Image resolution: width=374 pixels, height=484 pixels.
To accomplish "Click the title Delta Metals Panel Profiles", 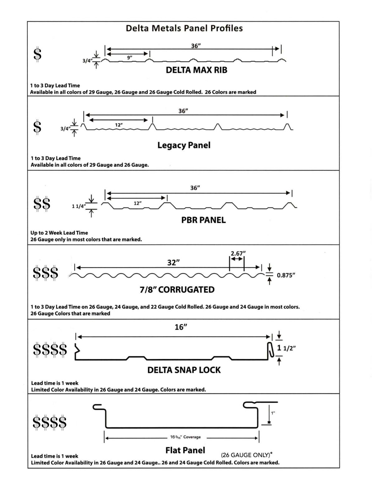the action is point(184,28).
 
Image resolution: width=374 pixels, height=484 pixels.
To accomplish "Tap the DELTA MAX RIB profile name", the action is point(196,70).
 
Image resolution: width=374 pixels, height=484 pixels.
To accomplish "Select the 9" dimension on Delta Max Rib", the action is point(130,57).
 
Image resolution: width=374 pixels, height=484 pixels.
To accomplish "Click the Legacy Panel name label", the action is point(184,145).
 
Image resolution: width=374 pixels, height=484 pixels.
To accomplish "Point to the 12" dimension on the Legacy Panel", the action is point(119,125).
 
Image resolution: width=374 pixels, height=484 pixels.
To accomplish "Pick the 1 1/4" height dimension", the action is point(79,206).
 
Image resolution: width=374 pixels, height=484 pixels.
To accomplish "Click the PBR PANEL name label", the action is point(204,220).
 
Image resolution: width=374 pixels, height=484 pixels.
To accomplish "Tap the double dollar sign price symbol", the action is point(42,204).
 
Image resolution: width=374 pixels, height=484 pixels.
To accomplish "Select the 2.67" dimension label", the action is point(238,253).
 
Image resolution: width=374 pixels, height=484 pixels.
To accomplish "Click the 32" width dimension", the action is point(173,263).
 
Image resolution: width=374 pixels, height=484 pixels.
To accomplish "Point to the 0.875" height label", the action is point(286,275).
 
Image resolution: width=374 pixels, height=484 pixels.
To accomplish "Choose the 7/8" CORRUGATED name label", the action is point(177,290).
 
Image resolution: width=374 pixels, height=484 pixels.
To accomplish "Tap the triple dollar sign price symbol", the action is point(46,273).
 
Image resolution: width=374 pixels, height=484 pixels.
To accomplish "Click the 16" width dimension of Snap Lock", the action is point(181,327).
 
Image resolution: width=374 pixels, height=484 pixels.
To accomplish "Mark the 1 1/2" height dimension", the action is point(286,348).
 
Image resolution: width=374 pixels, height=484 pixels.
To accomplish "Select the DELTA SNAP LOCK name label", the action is point(184,370).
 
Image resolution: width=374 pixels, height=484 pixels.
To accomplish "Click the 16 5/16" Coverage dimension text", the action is point(185,437).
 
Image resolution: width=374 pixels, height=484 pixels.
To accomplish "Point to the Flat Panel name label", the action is point(185,450).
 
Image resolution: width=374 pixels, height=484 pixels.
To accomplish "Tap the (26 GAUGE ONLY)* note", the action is point(247,455).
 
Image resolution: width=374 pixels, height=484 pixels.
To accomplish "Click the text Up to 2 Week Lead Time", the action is point(59,233).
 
